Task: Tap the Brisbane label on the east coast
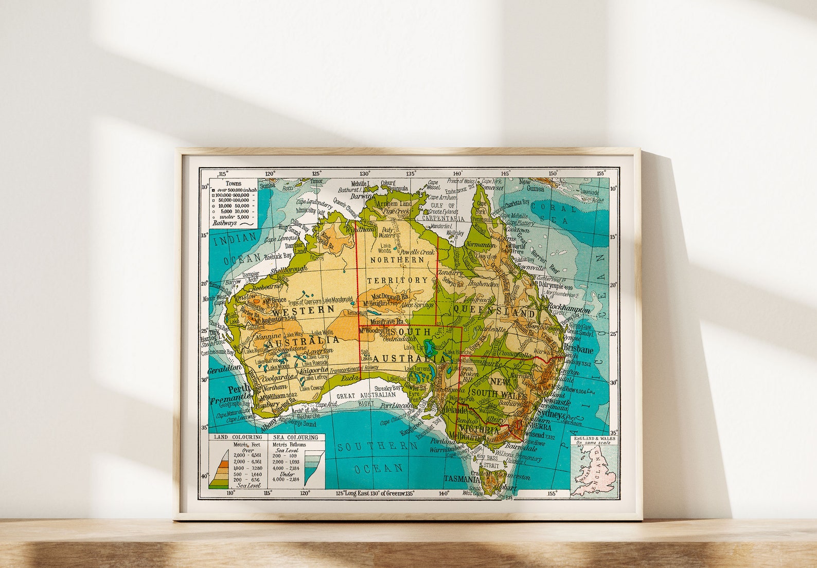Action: pyautogui.click(x=578, y=350)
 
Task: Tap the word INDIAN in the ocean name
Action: pyautogui.click(x=235, y=238)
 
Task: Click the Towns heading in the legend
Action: pyautogui.click(x=234, y=184)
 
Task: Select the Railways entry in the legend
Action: pyautogui.click(x=224, y=223)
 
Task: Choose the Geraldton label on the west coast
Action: pyautogui.click(x=225, y=369)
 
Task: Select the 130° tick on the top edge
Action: pyautogui.click(x=365, y=174)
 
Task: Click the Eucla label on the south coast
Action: pyautogui.click(x=349, y=378)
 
